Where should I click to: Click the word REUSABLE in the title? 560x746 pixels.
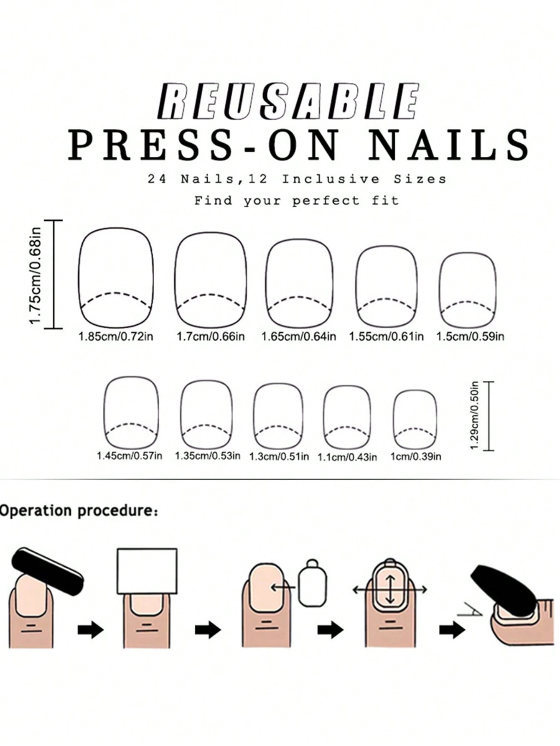point(288,101)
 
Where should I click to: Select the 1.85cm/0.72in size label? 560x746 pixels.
point(116,336)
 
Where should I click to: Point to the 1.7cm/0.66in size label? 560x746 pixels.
point(211,336)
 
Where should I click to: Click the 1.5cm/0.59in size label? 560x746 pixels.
point(470,336)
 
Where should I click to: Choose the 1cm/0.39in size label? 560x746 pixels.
point(416,456)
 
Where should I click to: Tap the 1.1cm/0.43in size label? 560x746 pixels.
point(347,457)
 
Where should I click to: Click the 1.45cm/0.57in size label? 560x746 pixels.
point(130,456)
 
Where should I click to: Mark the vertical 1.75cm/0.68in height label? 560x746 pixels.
point(36,275)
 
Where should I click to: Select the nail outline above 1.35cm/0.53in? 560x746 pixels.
point(181,415)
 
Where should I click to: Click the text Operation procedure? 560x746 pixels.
point(79,511)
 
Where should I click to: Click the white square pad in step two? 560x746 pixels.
point(147,571)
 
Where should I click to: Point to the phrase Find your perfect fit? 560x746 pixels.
point(297,201)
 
